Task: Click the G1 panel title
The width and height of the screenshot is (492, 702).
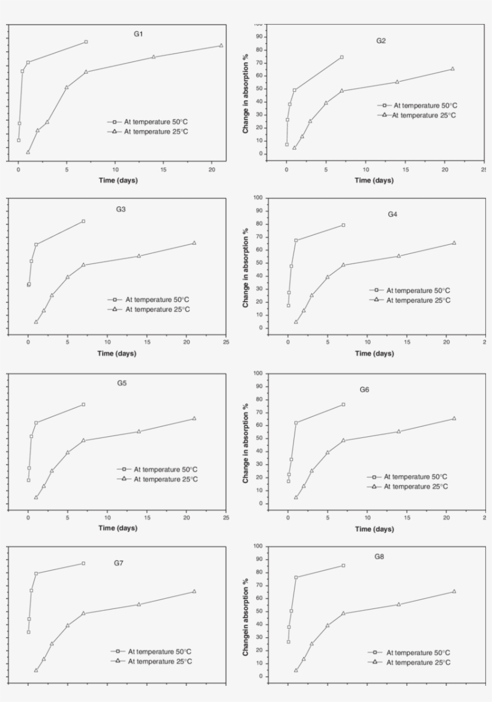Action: pos(138,34)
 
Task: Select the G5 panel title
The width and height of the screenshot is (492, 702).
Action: pos(122,382)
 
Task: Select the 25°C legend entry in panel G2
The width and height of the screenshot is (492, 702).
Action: pos(419,115)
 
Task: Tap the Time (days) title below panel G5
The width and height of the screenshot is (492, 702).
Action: pos(117,528)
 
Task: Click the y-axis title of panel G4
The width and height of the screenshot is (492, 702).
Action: pos(245,268)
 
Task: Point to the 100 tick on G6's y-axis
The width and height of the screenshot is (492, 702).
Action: pos(259,373)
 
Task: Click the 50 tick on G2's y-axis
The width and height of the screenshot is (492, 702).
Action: pos(260,89)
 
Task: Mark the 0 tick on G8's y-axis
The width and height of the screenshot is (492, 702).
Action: pos(260,676)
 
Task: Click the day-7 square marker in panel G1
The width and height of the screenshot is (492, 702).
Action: pos(86,42)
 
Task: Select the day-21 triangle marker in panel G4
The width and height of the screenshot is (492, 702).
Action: pos(454,243)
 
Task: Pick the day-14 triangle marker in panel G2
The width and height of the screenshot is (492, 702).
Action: pos(397,82)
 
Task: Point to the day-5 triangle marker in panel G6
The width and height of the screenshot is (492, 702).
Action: pos(328,452)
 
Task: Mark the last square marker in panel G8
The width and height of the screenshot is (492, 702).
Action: pos(343,565)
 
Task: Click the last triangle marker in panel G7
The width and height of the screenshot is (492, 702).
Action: pos(194,592)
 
